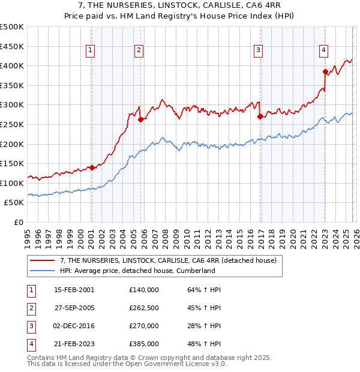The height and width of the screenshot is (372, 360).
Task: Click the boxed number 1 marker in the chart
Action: point(91,51)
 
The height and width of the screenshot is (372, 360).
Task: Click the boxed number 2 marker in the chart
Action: point(139,51)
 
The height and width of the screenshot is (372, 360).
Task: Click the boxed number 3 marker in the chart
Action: point(258,51)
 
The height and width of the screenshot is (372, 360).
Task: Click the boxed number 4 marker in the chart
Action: point(323,51)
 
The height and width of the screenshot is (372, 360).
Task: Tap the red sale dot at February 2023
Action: point(325,72)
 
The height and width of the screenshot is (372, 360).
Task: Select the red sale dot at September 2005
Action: point(140,119)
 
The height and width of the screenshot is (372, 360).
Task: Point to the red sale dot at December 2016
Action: point(260,117)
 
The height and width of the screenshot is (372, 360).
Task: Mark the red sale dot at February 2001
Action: point(92,167)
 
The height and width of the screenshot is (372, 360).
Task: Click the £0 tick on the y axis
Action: point(19,222)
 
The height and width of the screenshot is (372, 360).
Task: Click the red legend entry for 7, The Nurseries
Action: point(168,260)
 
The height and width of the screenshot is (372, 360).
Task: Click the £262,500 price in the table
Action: point(144,307)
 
